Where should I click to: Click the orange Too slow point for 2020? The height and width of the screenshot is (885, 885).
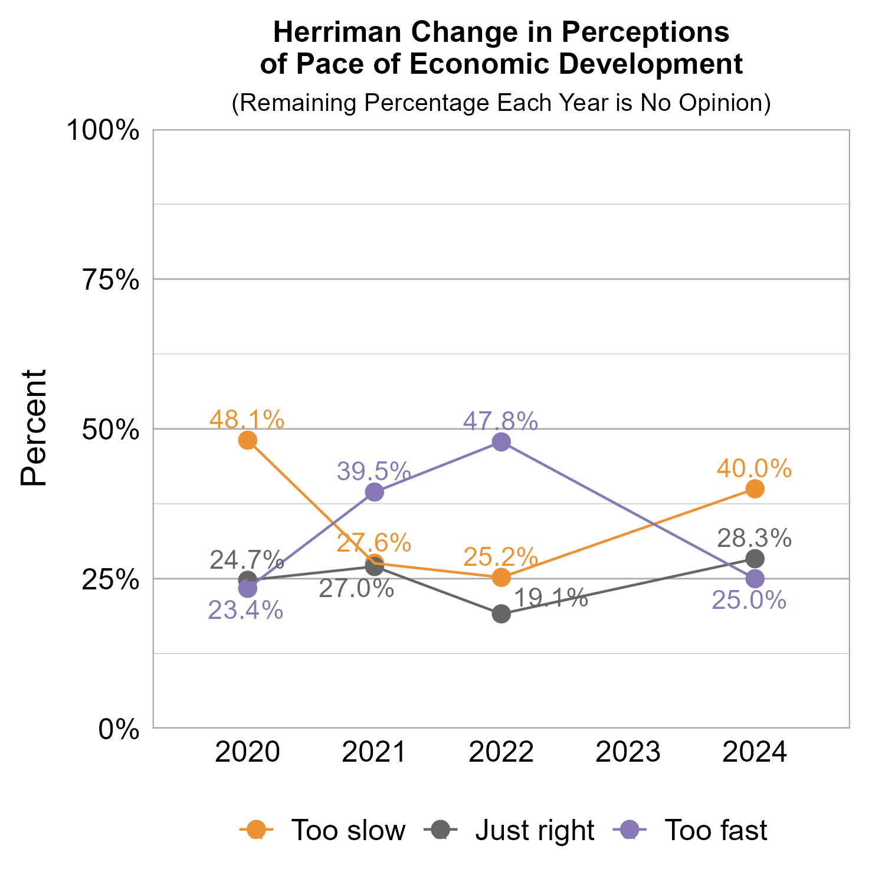point(248,440)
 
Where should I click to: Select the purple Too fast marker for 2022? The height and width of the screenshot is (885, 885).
point(501,442)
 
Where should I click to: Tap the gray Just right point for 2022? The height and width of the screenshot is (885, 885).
point(501,614)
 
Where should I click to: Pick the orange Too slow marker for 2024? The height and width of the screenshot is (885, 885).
point(755,489)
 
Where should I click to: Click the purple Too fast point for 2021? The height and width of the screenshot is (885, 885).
point(375,491)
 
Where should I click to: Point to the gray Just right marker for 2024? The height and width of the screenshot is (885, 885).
point(755,558)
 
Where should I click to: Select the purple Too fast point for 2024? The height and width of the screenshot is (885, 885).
point(755,578)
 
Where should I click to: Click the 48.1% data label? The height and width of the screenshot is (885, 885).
point(247,419)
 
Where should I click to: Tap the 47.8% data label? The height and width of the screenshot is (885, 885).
point(500,421)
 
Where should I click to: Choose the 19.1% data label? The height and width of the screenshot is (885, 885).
point(550,598)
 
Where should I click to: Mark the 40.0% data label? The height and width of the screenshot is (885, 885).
point(754,468)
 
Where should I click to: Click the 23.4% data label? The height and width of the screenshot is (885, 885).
point(245,611)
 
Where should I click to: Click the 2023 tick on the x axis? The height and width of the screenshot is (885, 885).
point(628,753)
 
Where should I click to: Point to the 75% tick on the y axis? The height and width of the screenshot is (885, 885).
point(110,280)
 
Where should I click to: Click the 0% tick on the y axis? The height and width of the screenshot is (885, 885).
point(119,729)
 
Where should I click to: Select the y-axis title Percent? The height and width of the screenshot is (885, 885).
point(34,428)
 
